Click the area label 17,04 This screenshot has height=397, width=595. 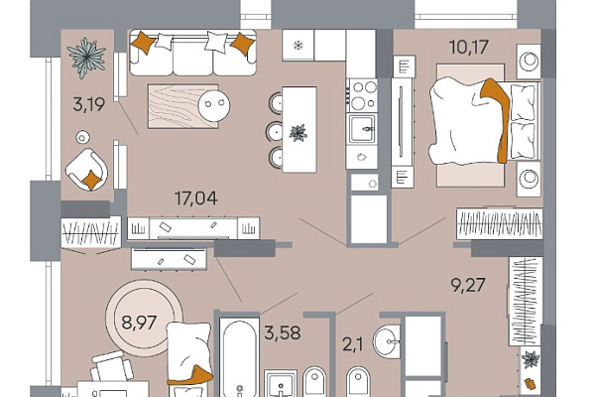point(195,198)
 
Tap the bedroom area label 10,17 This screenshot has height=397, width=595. point(469,47)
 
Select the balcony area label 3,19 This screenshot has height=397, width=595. point(89,104)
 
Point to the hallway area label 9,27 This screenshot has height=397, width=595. point(468,285)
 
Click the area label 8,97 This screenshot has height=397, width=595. point(139,323)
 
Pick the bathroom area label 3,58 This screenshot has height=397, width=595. point(283,332)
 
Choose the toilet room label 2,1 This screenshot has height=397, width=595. point(353,345)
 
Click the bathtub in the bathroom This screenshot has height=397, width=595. point(239,358)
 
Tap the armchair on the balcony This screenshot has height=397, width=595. point(86,170)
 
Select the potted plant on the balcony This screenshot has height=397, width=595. point(86,57)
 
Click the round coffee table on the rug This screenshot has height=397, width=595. point(214,104)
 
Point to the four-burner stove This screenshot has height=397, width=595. point(363,95)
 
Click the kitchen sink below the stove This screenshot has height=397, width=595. point(363,129)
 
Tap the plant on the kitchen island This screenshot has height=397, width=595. point(298,133)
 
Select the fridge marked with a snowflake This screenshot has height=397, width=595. point(298,46)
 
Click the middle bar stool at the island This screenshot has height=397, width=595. point(275,131)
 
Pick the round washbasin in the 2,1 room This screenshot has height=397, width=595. point(387,340)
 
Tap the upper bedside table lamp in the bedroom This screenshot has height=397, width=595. point(529,62)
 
